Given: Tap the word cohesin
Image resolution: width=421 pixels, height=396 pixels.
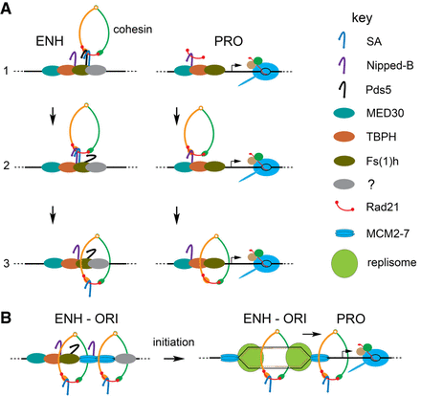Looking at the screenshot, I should tap(131, 28).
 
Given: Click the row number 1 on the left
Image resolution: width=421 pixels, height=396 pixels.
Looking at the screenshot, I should tap(8, 70).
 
